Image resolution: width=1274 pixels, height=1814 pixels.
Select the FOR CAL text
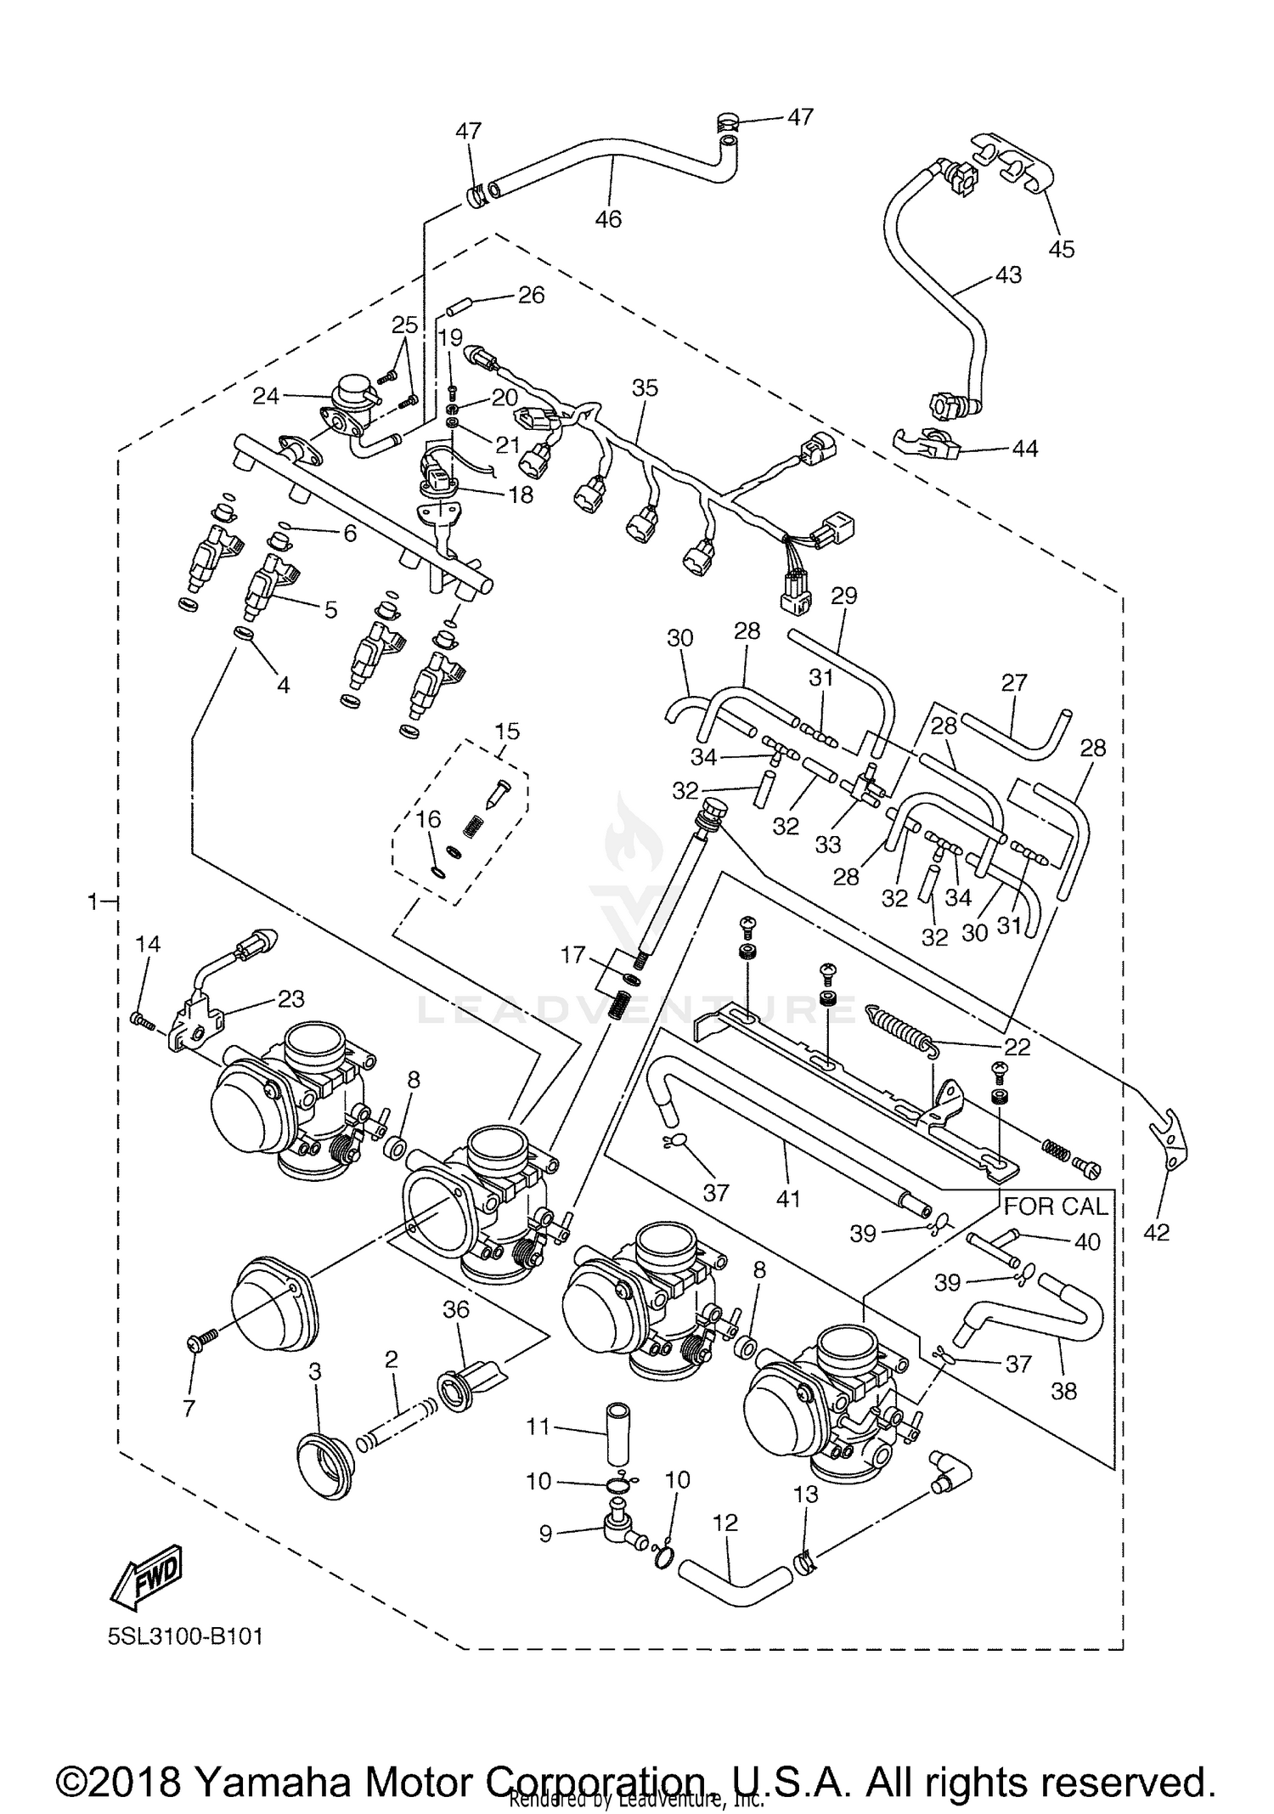click(x=1056, y=1207)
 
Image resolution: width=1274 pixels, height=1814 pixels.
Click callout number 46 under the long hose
click(x=608, y=219)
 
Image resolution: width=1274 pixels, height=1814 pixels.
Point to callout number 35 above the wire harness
click(x=645, y=388)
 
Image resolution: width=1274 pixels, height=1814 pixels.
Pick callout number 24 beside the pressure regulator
click(x=266, y=396)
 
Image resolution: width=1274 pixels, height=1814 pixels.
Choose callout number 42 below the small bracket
click(x=1156, y=1232)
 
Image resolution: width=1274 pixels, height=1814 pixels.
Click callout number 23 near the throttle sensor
click(x=290, y=998)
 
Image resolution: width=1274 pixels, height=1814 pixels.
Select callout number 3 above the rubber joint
click(x=314, y=1371)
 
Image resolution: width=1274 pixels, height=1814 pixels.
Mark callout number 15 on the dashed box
click(x=507, y=732)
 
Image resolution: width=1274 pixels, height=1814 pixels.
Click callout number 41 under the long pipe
click(x=788, y=1198)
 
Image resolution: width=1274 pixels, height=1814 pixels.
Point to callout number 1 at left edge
click(x=93, y=901)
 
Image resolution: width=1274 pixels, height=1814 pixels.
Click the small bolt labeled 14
click(x=142, y=1020)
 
